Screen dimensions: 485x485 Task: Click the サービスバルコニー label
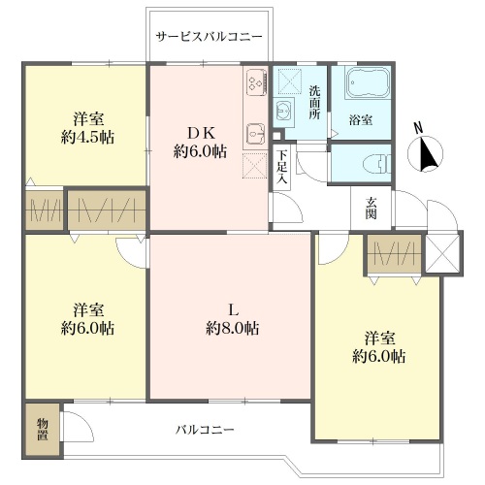pyautogui.click(x=209, y=37)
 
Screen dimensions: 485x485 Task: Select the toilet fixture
pyautogui.click(x=376, y=164)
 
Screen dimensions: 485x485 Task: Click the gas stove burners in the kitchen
pyautogui.click(x=257, y=82)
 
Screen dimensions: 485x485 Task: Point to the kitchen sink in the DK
pyautogui.click(x=256, y=134)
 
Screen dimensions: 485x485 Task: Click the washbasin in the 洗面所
pyautogui.click(x=283, y=111)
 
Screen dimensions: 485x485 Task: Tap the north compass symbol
pyautogui.click(x=426, y=154)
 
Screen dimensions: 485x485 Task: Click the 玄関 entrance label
pyautogui.click(x=371, y=209)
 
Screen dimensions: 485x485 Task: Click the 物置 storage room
pyautogui.click(x=43, y=429)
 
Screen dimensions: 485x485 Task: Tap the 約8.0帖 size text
pyautogui.click(x=233, y=329)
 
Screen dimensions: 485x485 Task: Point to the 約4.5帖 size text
pyautogui.click(x=87, y=138)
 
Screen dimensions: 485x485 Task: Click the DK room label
pyautogui.click(x=201, y=132)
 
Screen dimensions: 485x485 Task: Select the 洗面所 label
pyautogui.click(x=314, y=102)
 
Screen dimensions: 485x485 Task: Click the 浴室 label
pyautogui.click(x=361, y=120)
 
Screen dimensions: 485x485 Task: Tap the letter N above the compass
pyautogui.click(x=419, y=128)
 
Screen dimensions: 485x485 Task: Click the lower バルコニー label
pyautogui.click(x=205, y=430)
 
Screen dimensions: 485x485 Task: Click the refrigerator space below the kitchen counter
pyautogui.click(x=255, y=166)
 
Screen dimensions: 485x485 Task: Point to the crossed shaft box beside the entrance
pyautogui.click(x=442, y=253)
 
